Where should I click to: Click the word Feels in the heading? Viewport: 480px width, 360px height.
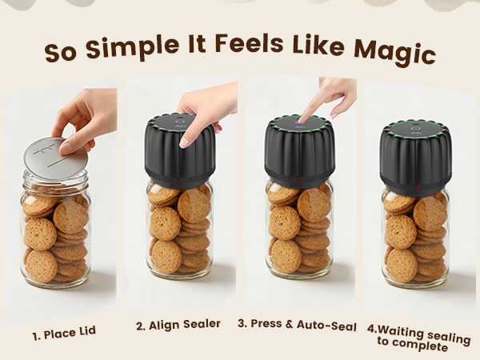pyautogui.click(x=249, y=44)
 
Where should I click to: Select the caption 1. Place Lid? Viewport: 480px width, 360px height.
pyautogui.click(x=64, y=333)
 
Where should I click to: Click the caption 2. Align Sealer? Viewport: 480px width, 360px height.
pyautogui.click(x=178, y=325)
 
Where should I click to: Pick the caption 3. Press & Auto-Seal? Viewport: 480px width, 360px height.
pyautogui.click(x=297, y=325)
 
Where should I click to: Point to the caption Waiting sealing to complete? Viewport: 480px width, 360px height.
pyautogui.click(x=418, y=338)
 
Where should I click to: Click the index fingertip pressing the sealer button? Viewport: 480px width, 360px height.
pyautogui.click(x=303, y=119)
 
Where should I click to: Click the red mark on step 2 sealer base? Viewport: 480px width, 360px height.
pyautogui.click(x=182, y=181)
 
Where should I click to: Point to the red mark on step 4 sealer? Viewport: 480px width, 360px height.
pyautogui.click(x=417, y=189)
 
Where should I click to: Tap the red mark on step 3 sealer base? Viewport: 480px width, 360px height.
pyautogui.click(x=302, y=180)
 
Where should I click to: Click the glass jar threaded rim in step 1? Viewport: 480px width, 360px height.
pyautogui.click(x=56, y=181)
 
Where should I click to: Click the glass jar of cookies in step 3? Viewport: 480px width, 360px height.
pyautogui.click(x=299, y=230)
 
